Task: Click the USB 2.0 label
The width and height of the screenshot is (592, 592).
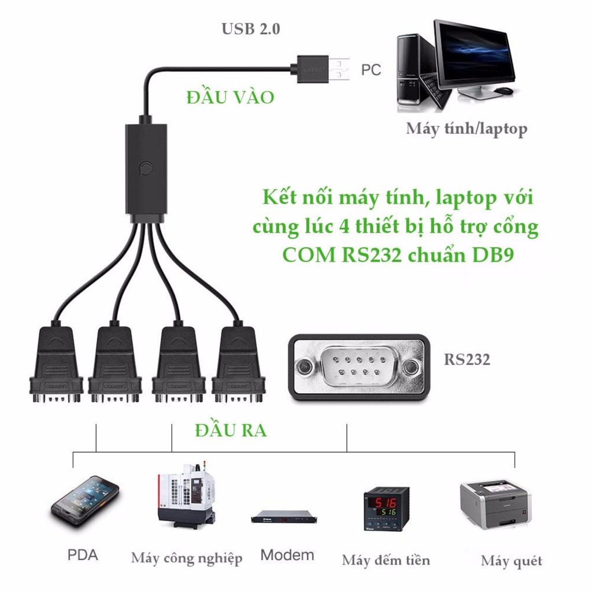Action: (250, 29)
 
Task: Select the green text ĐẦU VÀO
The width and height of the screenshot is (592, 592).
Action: (230, 97)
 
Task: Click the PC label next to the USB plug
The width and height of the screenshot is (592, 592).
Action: (371, 70)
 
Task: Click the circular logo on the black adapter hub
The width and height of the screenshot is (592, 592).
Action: (146, 169)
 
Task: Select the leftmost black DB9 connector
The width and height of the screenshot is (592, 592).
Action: (56, 364)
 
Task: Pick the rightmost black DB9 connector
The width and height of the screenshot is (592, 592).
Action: (238, 364)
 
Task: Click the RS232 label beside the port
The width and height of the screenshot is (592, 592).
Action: (467, 360)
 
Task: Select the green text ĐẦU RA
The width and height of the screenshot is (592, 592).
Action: (231, 431)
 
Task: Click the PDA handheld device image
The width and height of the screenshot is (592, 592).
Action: (85, 500)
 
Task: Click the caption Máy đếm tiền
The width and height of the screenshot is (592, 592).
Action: (386, 560)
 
